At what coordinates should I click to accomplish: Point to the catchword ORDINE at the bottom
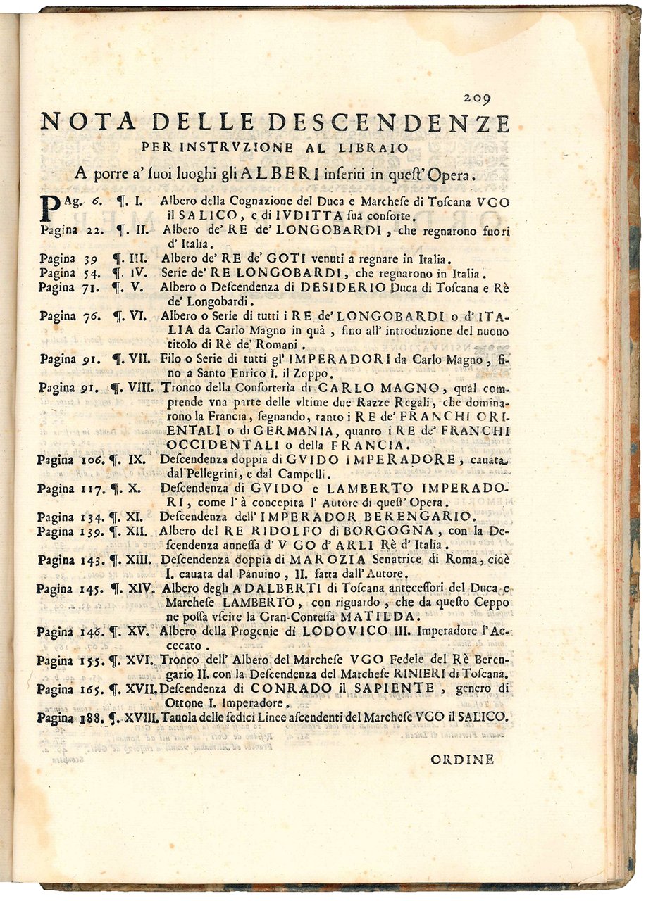(x=462, y=759)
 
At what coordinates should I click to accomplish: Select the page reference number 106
(x=91, y=460)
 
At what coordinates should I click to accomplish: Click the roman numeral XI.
(x=134, y=517)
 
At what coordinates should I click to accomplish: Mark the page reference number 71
(x=87, y=287)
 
